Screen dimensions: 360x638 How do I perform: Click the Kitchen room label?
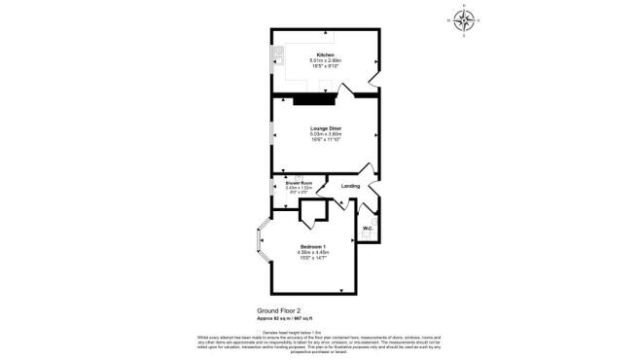(325, 54)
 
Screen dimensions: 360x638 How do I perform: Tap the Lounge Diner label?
(325, 127)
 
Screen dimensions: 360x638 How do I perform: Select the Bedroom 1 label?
(312, 245)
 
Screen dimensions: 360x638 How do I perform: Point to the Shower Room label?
(299, 182)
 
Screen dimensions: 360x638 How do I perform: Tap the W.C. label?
(368, 229)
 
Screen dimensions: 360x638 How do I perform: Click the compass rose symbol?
(464, 20)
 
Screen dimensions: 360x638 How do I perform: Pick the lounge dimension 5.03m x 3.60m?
(325, 133)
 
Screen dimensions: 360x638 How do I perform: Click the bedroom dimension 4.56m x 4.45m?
(312, 252)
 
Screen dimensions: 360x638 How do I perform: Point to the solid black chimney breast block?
(314, 97)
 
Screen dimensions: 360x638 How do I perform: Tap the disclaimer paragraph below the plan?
(319, 341)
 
